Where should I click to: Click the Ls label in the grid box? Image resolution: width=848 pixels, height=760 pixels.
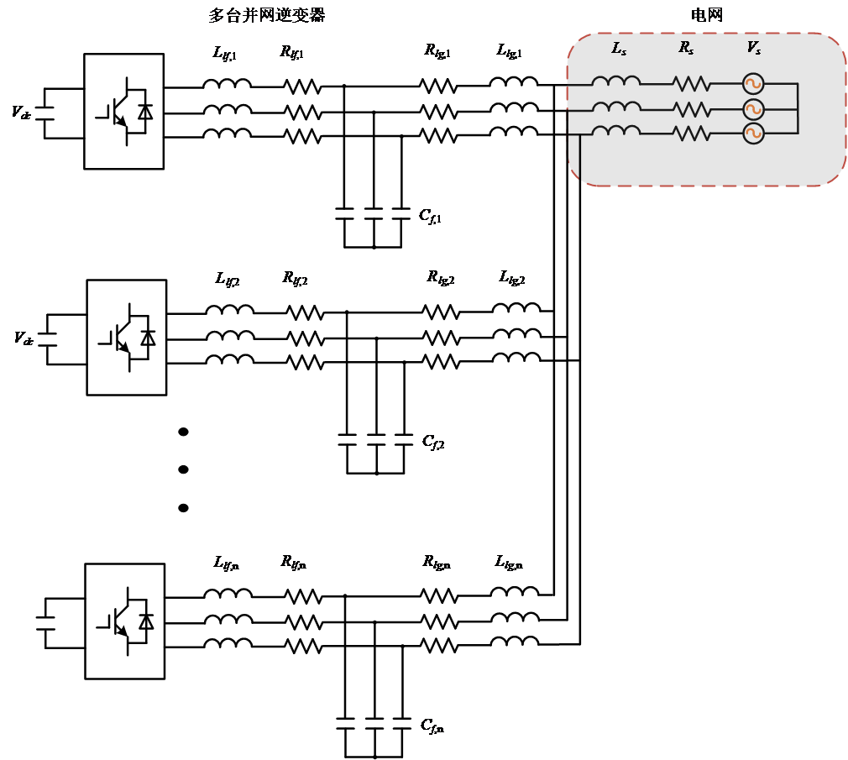click(x=619, y=50)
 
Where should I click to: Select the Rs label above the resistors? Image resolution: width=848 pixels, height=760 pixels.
click(x=686, y=49)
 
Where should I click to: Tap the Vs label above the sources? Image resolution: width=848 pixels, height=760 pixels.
click(x=753, y=49)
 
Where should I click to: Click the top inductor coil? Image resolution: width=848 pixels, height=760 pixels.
click(x=615, y=82)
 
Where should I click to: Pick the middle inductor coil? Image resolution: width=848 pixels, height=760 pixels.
click(x=615, y=107)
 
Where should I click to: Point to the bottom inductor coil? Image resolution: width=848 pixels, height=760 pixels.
click(x=615, y=131)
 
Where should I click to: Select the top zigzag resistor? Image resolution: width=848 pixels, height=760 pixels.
click(x=691, y=84)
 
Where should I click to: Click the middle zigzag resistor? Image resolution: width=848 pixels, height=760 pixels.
click(x=691, y=109)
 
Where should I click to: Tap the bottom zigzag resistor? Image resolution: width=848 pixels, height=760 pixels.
click(x=691, y=133)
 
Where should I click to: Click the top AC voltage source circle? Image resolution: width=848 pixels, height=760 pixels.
click(x=753, y=84)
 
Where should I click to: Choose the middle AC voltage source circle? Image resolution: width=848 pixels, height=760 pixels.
click(x=753, y=109)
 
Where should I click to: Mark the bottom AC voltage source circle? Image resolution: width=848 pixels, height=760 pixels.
click(x=753, y=133)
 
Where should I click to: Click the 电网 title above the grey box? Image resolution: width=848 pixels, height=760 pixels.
click(x=706, y=14)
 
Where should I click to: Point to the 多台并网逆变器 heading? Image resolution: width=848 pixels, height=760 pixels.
click(x=266, y=14)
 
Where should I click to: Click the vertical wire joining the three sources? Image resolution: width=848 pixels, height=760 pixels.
click(x=798, y=108)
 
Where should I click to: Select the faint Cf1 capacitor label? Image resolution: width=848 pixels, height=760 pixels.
click(x=430, y=217)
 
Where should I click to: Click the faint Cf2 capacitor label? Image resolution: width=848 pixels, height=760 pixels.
click(x=433, y=442)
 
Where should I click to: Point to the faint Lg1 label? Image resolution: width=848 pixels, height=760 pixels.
click(x=224, y=54)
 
